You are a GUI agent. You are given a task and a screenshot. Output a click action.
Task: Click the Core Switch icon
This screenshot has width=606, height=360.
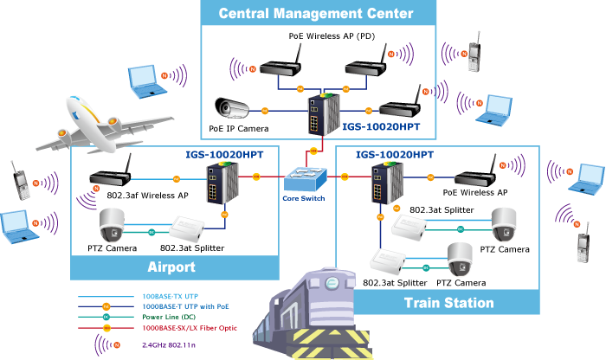pos(306,179)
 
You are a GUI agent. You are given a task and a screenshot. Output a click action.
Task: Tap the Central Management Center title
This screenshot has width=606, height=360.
pos(316,14)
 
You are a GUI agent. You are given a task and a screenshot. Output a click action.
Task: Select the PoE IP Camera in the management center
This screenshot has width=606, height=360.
pos(232,108)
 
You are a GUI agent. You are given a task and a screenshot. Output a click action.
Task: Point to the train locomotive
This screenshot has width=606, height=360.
pos(313,313)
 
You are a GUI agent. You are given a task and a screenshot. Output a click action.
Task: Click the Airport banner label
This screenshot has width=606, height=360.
pos(171,267)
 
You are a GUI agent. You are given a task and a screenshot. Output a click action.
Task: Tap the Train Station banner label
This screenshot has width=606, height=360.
pos(449,303)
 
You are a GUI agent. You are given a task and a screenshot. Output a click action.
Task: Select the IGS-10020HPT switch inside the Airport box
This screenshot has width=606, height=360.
pos(222,183)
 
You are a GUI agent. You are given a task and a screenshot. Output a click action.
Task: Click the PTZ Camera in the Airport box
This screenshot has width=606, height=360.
pos(112,225)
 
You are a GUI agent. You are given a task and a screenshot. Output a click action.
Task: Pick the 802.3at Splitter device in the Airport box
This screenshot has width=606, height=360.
pos(188,229)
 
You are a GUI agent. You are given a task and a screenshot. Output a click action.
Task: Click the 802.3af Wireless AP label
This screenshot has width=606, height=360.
pos(148,196)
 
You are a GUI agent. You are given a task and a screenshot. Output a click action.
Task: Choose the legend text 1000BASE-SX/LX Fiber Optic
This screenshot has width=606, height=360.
pos(190,328)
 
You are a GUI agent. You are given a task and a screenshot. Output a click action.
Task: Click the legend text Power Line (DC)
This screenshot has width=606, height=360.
pos(169,317)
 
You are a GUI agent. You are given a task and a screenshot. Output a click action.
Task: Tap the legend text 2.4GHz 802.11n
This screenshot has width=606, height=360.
pos(169,345)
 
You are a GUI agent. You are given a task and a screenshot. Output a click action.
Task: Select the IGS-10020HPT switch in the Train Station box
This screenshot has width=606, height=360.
pos(388,183)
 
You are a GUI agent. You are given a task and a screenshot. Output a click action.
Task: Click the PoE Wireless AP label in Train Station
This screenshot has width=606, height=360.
pos(475,192)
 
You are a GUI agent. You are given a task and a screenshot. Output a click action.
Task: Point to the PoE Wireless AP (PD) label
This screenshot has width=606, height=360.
pos(332,36)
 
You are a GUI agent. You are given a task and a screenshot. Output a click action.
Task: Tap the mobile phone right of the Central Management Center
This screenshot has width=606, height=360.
pos(474,52)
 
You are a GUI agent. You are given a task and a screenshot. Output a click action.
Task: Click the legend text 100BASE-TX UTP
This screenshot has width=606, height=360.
pos(170,296)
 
